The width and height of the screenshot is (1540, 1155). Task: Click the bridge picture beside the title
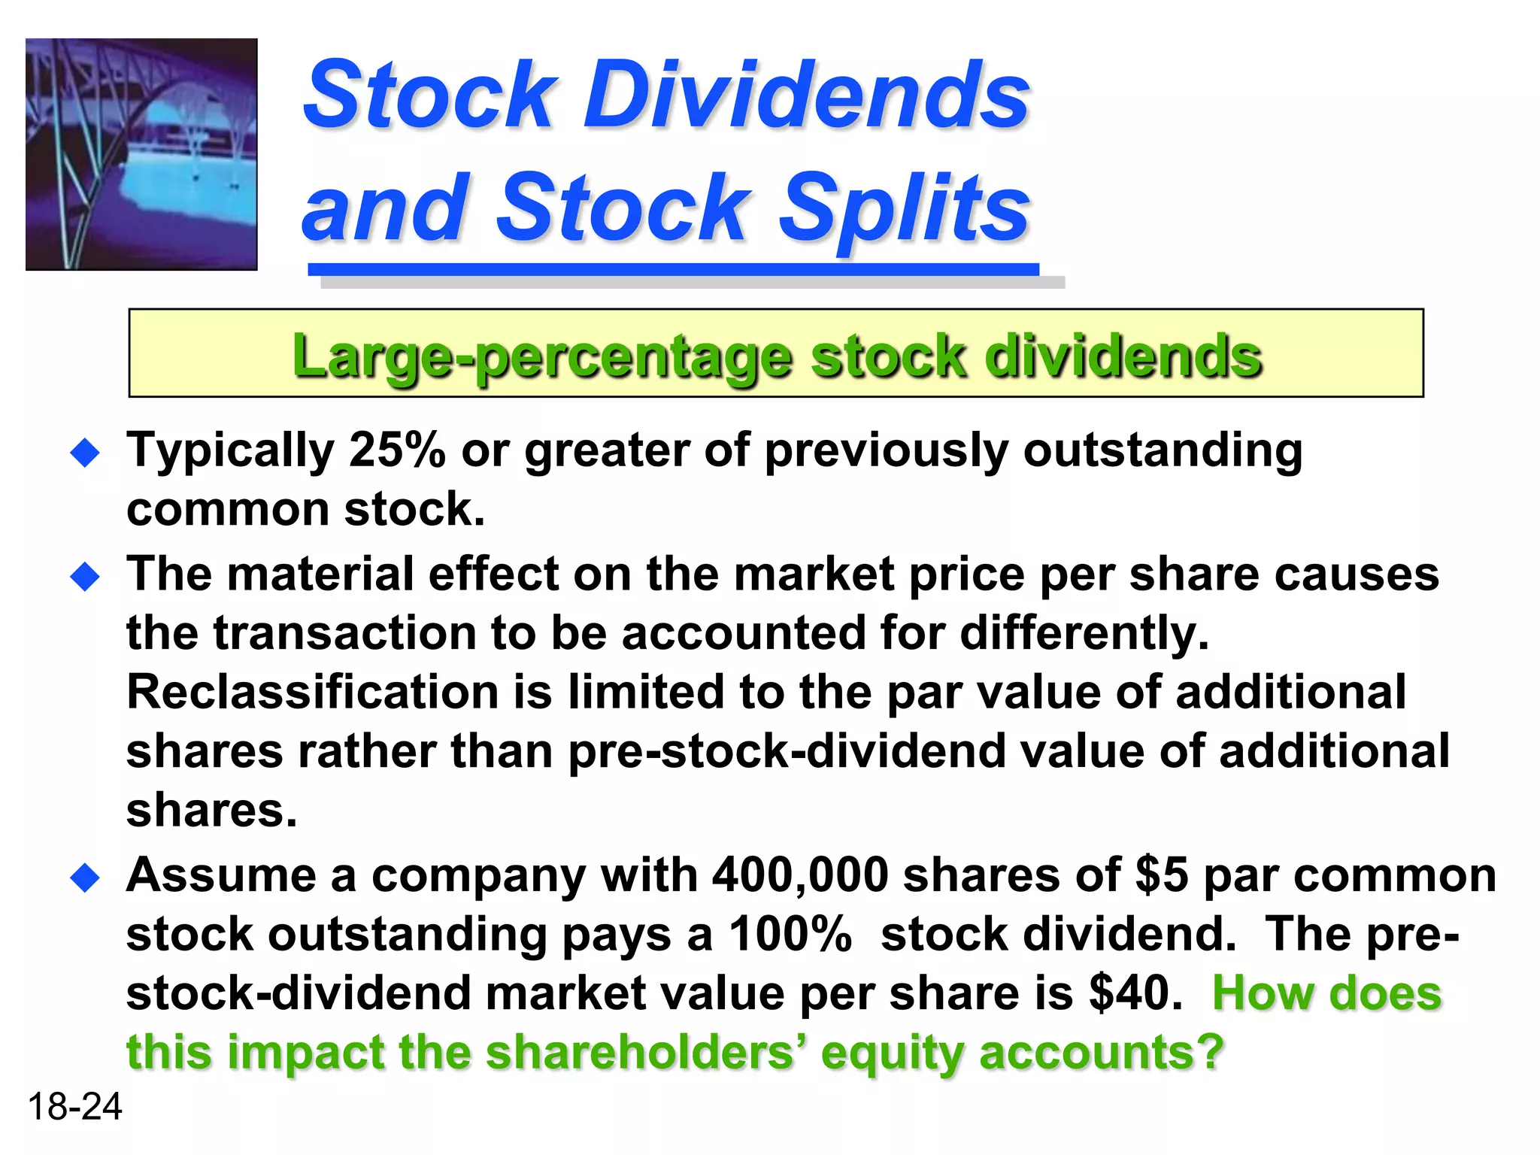[141, 154]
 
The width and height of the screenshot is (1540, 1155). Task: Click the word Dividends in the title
[806, 95]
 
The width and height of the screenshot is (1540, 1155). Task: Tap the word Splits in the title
[903, 208]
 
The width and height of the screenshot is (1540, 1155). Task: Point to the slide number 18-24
[74, 1107]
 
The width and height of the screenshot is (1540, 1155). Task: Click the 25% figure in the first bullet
[397, 450]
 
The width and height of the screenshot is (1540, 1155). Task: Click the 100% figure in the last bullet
[790, 935]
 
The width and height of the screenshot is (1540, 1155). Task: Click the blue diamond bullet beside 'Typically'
[85, 453]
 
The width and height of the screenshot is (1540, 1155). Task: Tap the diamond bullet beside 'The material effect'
[85, 577]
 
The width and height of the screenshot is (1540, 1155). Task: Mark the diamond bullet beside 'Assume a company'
[85, 878]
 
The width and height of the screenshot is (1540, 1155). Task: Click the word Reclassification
[312, 692]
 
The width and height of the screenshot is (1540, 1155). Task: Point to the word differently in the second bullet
[1084, 633]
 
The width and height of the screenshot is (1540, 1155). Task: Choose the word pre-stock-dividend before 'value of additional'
[787, 751]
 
